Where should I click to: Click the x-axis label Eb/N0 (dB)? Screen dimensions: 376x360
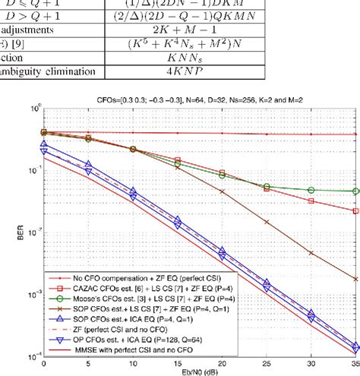pos(201,371)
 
